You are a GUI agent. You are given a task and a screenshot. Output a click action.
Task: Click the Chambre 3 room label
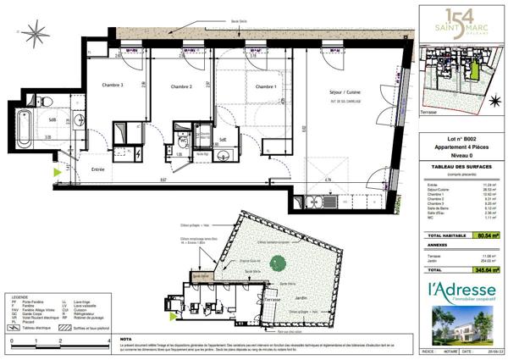coord(113,86)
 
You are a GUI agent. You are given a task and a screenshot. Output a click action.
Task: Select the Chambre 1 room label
coord(264,86)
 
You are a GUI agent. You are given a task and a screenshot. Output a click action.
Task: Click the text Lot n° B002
coord(462,138)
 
